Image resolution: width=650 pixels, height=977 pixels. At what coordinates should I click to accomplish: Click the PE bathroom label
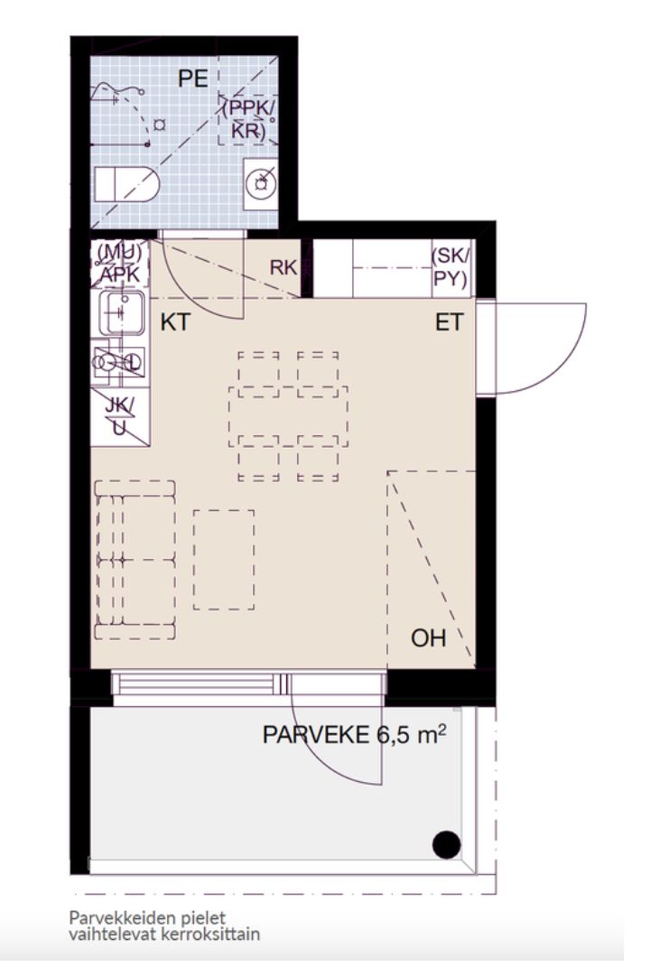pos(192,79)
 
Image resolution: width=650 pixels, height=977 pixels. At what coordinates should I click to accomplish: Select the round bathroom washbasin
pos(260,183)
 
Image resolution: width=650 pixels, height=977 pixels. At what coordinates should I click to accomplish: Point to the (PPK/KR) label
pos(248,118)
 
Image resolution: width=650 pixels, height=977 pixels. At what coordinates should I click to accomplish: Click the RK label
pos(283,267)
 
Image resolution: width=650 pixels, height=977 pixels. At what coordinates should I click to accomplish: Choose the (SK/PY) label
pos(451,268)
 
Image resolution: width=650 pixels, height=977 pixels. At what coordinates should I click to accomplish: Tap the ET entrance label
pos(450,322)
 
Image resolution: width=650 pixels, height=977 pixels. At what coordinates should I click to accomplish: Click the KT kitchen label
pos(175,322)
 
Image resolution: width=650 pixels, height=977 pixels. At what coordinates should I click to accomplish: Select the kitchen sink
pos(122,312)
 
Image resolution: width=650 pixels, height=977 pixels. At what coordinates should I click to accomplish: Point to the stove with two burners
pos(120,362)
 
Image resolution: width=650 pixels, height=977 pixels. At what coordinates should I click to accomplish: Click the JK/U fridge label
pos(119,415)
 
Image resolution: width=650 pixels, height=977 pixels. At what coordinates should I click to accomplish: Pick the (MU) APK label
pos(119,264)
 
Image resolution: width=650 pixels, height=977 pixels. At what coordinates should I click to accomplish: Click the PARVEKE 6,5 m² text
pos(354,734)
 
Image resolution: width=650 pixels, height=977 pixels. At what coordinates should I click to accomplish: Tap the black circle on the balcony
pos(446,845)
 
